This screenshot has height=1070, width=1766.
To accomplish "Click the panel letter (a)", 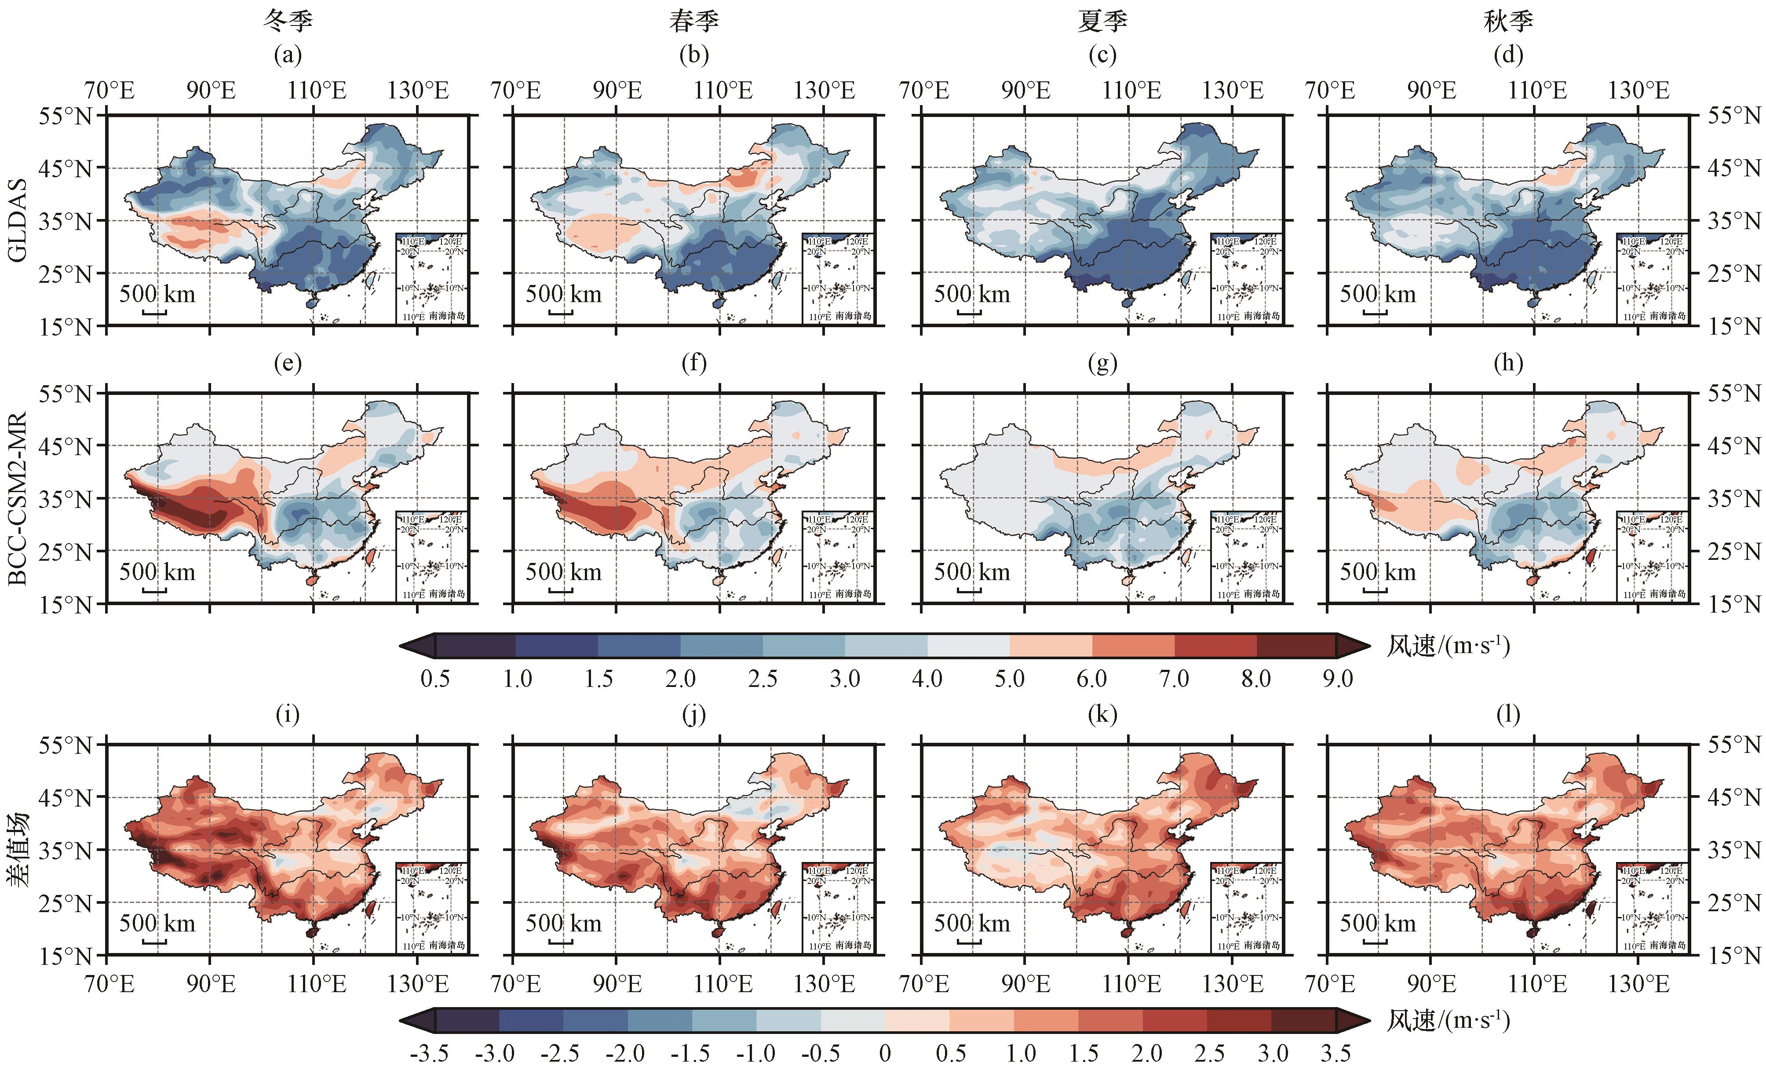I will (x=288, y=55).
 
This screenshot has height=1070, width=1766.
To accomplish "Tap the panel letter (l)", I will (x=1508, y=715).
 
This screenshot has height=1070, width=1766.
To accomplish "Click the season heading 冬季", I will (x=288, y=21).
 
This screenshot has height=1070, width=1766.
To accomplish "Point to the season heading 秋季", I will (x=1508, y=21).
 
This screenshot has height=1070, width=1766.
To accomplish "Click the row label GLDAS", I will (x=17, y=220).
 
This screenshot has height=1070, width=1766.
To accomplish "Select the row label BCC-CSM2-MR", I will (x=17, y=498).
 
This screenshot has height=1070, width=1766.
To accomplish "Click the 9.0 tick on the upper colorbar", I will (x=1337, y=679).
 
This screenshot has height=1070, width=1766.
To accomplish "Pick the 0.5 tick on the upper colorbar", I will (x=435, y=679).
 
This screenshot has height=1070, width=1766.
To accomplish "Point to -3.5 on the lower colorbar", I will (x=429, y=1054).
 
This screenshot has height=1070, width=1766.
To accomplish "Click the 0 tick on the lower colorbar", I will (x=885, y=1054).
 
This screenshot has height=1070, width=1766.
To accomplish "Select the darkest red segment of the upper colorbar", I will (x=1296, y=646).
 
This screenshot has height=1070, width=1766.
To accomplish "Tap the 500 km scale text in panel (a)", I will (x=157, y=294).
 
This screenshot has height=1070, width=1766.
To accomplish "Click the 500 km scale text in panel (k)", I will (x=971, y=923).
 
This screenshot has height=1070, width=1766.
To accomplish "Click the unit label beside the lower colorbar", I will (x=1448, y=1020).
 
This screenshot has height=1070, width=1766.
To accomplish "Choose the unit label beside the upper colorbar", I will (x=1448, y=646).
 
